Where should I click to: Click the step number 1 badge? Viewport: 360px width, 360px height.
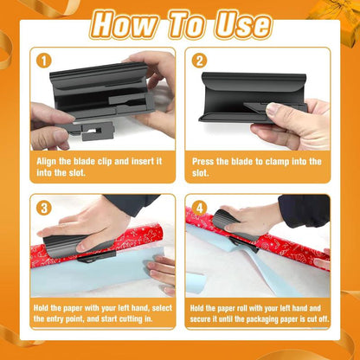pyautogui.click(x=43, y=61)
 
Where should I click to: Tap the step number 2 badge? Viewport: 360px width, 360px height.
pyautogui.click(x=199, y=61)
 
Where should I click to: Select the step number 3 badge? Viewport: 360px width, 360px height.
pyautogui.click(x=43, y=208)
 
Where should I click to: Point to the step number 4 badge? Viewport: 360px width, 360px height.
pyautogui.click(x=199, y=208)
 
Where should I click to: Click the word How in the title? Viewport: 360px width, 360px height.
pyautogui.click(x=127, y=23)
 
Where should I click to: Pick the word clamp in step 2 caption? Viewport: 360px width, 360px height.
pyautogui.click(x=275, y=161)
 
